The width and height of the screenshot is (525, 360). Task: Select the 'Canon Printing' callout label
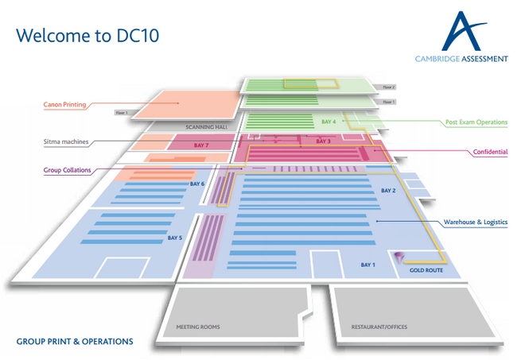pyautogui.click(x=66, y=104)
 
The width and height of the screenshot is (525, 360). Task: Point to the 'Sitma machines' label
pyautogui.click(x=65, y=142)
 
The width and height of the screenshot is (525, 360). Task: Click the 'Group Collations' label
pyautogui.click(x=67, y=169)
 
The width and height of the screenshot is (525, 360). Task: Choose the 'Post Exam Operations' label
pyautogui.click(x=476, y=122)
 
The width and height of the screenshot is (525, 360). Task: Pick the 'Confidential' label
pyautogui.click(x=490, y=151)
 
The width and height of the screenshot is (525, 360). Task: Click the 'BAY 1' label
pyautogui.click(x=367, y=264)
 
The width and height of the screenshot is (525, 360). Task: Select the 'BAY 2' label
pyautogui.click(x=388, y=192)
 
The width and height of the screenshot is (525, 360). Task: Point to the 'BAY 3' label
pyautogui.click(x=323, y=141)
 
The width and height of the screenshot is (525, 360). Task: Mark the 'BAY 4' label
pyautogui.click(x=329, y=122)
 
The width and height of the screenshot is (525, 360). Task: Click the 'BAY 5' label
pyautogui.click(x=175, y=238)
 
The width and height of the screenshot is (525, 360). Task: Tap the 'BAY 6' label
pyautogui.click(x=197, y=184)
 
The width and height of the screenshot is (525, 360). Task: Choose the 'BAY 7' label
pyautogui.click(x=201, y=146)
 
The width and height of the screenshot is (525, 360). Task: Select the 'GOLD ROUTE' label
pyautogui.click(x=426, y=270)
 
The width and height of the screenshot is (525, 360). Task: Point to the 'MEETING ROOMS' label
pyautogui.click(x=198, y=327)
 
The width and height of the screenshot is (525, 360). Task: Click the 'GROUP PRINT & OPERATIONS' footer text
pyautogui.click(x=75, y=341)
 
